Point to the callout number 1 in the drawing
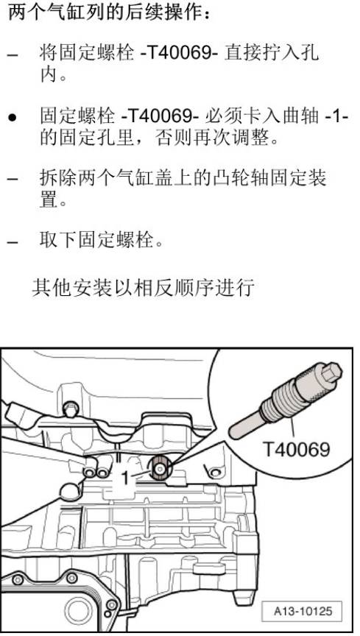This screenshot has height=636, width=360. click(125, 477)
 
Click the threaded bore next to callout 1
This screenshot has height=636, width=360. click(159, 465)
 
